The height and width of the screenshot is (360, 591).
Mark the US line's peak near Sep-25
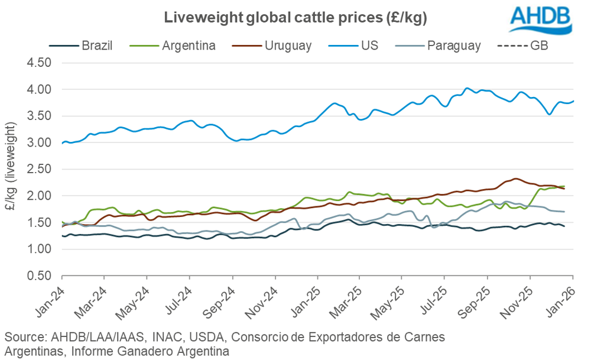click(x=467, y=88)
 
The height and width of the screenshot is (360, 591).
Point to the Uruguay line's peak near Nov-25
click(x=516, y=179)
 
